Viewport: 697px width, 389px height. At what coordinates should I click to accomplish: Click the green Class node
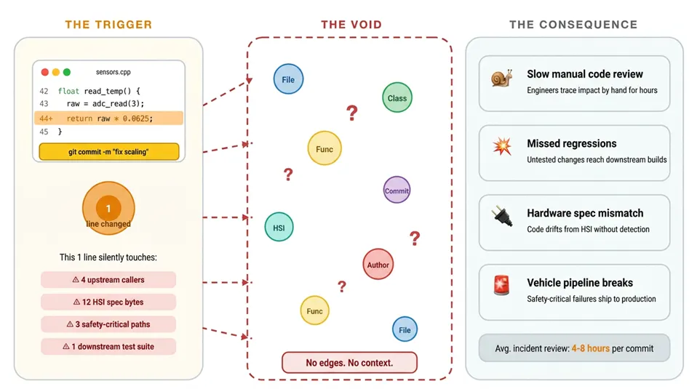pos(397,97)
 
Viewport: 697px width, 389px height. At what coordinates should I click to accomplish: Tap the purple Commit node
pos(397,190)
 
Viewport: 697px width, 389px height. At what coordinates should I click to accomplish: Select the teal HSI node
pos(279,227)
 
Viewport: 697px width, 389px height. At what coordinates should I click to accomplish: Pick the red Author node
pos(378,264)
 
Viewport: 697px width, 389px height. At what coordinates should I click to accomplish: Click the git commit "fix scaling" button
pos(109,151)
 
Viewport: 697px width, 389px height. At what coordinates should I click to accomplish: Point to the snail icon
pos(502,78)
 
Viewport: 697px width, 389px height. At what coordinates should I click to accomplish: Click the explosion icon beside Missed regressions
pos(502,147)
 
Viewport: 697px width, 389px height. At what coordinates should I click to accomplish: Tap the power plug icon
pos(502,216)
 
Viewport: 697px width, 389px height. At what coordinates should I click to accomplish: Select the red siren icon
pos(501,286)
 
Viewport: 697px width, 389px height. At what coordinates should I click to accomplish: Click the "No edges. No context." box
pos(349,362)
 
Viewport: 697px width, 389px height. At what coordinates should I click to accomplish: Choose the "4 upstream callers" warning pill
pos(108,280)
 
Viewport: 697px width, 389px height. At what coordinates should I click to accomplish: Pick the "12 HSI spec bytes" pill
pos(108,302)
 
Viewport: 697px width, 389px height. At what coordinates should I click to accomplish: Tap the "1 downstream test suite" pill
pos(108,346)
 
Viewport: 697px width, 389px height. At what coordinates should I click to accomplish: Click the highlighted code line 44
pos(108,119)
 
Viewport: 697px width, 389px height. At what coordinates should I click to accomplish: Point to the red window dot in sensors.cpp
pos(44,72)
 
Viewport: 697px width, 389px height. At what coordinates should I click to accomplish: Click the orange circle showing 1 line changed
pos(108,208)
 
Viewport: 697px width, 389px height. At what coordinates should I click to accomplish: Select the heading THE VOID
pos(351,25)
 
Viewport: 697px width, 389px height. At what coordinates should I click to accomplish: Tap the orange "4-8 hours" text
pos(590,348)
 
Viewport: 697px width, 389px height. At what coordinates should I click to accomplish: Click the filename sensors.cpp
pos(113,72)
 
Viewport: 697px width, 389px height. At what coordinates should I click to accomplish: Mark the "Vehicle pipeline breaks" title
pos(580,282)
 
